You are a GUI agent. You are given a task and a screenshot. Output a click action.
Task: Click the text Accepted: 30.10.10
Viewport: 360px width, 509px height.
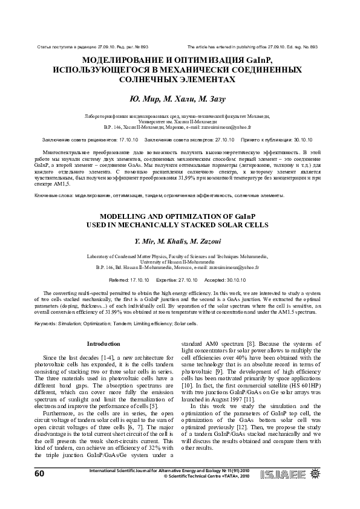point(224,280)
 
